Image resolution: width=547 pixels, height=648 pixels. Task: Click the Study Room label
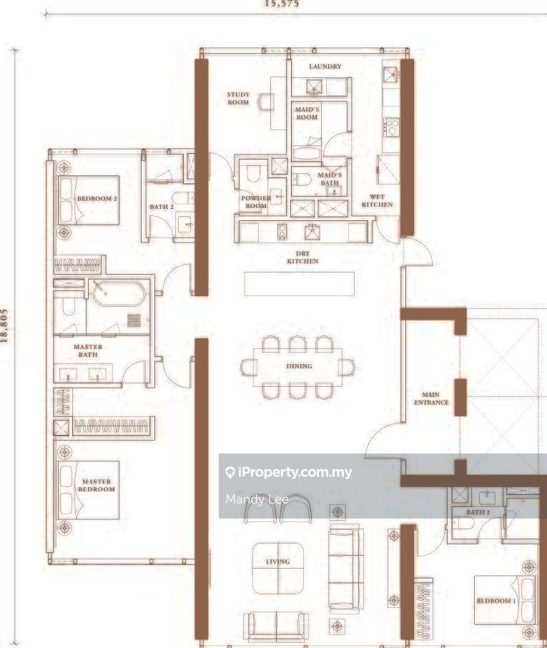tap(238, 98)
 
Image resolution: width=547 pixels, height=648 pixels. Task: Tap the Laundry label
tap(325, 67)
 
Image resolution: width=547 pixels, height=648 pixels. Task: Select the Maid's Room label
tap(307, 113)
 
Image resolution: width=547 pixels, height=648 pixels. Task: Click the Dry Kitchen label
tap(302, 257)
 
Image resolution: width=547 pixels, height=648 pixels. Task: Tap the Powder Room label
tap(255, 202)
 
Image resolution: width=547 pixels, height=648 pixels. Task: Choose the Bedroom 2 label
tap(97, 198)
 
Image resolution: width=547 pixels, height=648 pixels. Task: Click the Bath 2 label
tap(162, 207)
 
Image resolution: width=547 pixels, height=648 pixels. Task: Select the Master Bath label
tap(88, 350)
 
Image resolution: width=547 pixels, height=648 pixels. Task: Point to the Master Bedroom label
tap(96, 486)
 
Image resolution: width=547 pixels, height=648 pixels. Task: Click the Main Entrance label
tap(431, 398)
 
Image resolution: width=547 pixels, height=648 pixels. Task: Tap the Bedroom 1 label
tap(496, 601)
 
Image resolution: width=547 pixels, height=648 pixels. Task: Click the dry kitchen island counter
tap(299, 283)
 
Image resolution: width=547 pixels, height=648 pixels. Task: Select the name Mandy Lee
tap(257, 499)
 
